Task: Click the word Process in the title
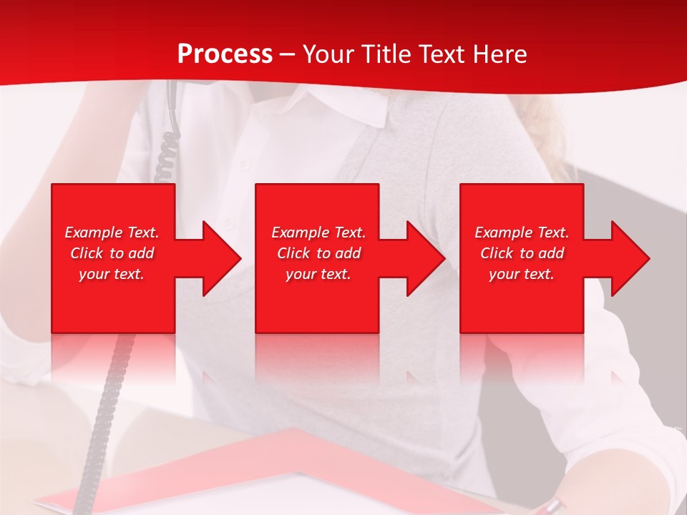pyautogui.click(x=225, y=54)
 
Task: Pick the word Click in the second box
pyautogui.click(x=293, y=253)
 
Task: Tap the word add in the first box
pyautogui.click(x=141, y=253)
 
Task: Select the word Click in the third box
pyautogui.click(x=497, y=253)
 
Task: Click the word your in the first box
pyautogui.click(x=94, y=274)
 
